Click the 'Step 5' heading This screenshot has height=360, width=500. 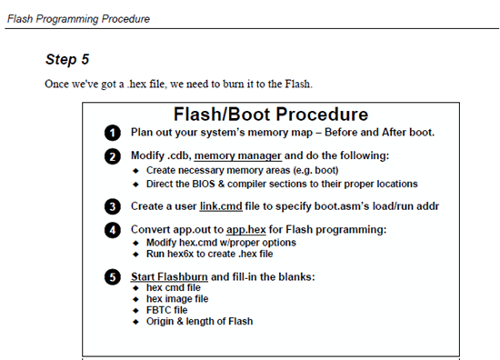coord(67,59)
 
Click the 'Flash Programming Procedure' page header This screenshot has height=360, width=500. coord(78,19)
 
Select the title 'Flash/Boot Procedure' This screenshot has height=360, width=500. coord(271,115)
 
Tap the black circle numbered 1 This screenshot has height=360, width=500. coord(112,133)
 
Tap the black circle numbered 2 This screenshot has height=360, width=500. coord(112,156)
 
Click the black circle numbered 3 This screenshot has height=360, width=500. coord(112,206)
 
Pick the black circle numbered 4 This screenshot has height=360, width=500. coord(112,230)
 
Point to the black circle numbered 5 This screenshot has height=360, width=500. coord(112,277)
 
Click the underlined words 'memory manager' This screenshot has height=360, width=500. coord(237,155)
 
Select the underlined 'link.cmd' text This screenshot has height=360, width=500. coord(221,206)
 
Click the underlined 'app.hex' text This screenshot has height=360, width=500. coord(246,230)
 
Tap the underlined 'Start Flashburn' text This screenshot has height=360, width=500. coord(169,276)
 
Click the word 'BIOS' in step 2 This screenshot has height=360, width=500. coord(204,184)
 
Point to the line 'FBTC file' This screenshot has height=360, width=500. coord(166,310)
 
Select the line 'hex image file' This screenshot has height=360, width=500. coord(177,299)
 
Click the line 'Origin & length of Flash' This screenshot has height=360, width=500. coord(200,321)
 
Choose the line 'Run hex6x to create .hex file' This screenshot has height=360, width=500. coord(209,254)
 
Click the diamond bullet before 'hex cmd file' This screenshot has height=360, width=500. coord(136,288)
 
